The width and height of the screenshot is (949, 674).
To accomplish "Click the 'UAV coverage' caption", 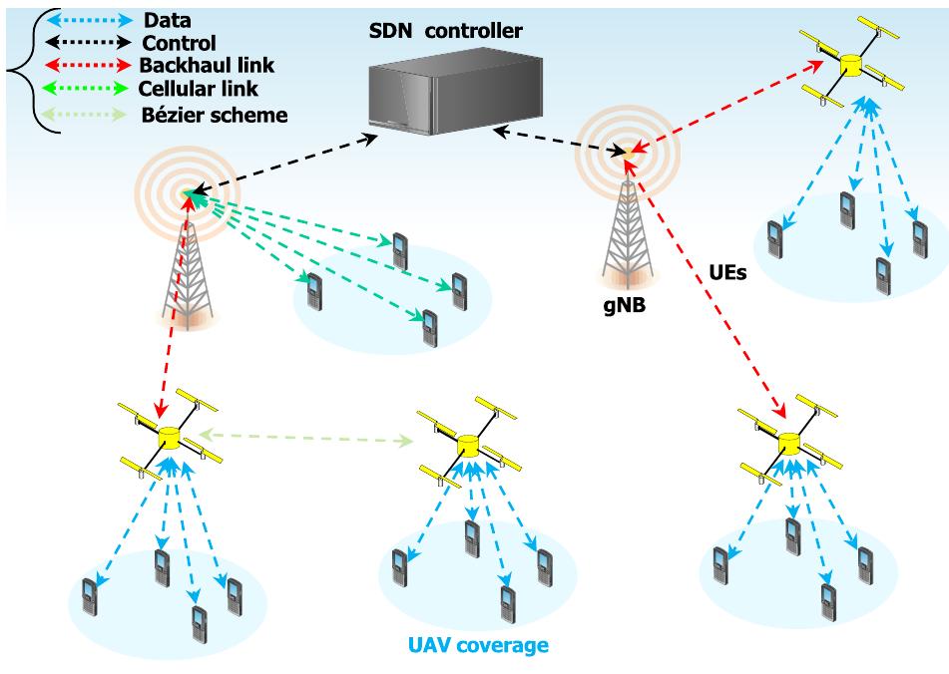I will pyautogui.click(x=479, y=646).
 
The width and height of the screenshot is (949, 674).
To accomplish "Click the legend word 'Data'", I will pyautogui.click(x=169, y=19).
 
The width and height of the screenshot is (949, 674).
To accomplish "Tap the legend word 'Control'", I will pyautogui.click(x=179, y=43).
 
